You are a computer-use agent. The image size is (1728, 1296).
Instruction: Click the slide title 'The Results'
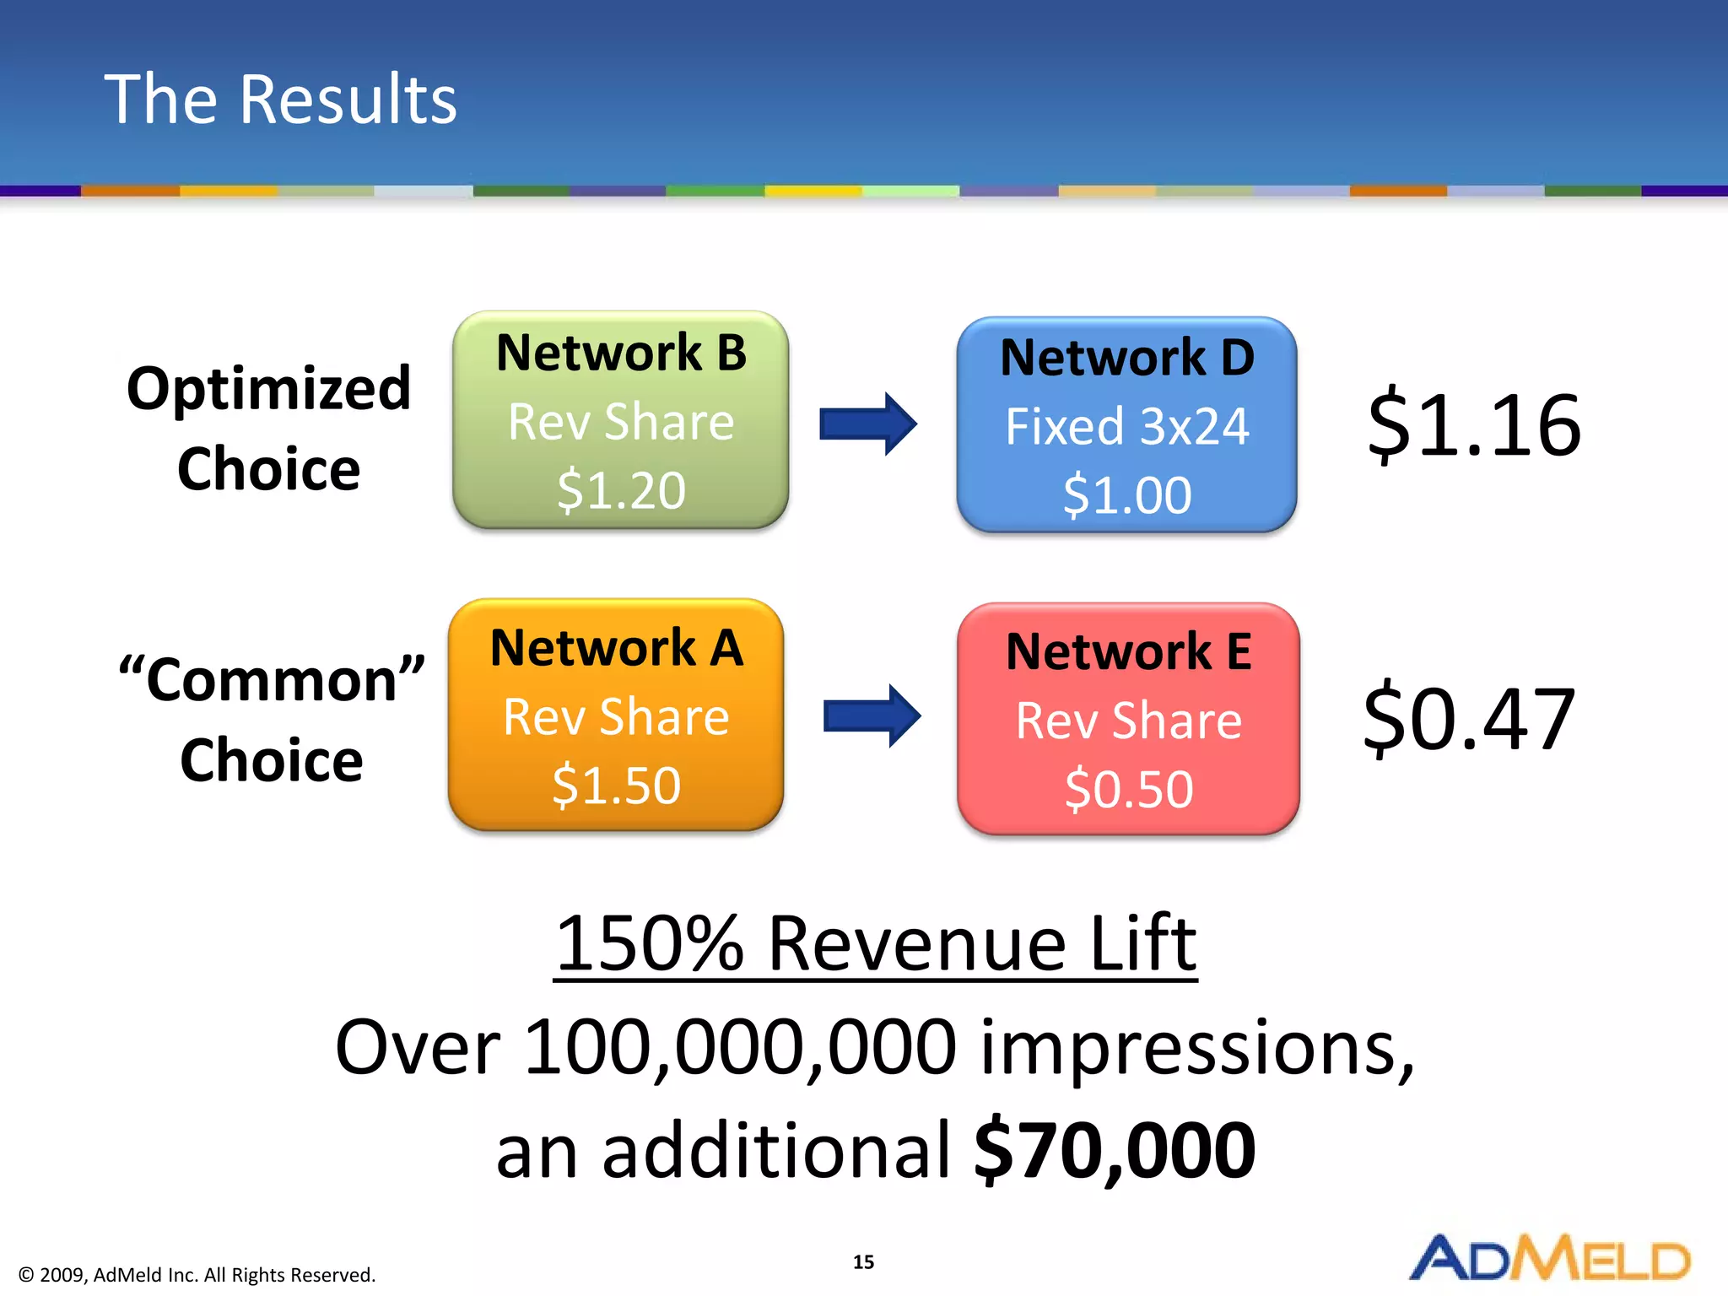click(280, 100)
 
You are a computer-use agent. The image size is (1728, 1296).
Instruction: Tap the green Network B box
click(621, 419)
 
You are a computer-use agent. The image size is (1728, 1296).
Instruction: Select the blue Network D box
click(1126, 424)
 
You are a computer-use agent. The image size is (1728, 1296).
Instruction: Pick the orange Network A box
click(616, 715)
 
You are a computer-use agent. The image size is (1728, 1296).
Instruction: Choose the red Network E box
click(1128, 719)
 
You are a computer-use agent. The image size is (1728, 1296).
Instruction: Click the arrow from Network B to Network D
click(868, 424)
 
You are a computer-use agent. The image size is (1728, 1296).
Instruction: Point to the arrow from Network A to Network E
click(872, 716)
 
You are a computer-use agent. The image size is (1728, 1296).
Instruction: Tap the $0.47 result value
click(1469, 719)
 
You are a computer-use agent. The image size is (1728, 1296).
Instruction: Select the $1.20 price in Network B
click(621, 490)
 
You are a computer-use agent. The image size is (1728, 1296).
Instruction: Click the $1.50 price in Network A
click(616, 786)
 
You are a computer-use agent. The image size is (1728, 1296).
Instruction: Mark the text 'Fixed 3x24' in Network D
click(1126, 427)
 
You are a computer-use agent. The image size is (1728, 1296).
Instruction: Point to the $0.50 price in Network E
click(1129, 790)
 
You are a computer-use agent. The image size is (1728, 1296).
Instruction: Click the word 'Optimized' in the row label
click(268, 389)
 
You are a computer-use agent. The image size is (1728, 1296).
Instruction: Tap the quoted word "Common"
click(272, 680)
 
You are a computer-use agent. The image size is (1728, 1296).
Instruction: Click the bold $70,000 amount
click(1115, 1150)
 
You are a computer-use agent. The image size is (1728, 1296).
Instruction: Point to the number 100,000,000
click(740, 1047)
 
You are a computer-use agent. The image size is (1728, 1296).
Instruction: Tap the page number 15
click(863, 1262)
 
